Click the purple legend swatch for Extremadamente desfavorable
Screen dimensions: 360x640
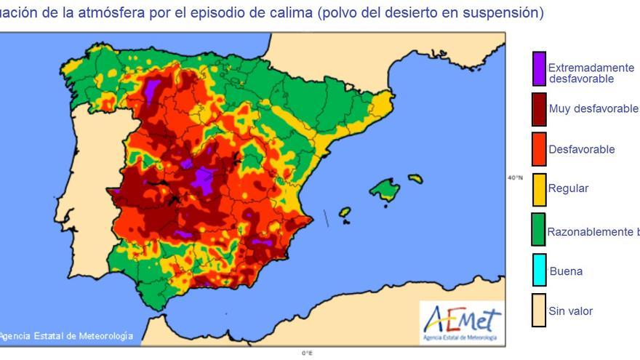click(x=539, y=68)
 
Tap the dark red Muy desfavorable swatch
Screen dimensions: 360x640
click(x=539, y=109)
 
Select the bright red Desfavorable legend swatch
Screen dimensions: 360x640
click(x=539, y=149)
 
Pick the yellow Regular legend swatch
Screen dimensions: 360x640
click(x=539, y=189)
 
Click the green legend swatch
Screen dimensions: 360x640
click(x=539, y=229)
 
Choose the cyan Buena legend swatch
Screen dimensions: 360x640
click(x=539, y=271)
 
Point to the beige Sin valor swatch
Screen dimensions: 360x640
click(x=539, y=311)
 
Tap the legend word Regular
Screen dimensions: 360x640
click(x=568, y=188)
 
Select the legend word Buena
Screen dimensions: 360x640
click(x=566, y=271)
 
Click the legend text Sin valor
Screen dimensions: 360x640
click(x=570, y=311)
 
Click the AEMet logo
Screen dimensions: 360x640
click(x=462, y=322)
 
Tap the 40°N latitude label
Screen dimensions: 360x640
click(x=515, y=177)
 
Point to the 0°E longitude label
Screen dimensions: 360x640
click(x=308, y=353)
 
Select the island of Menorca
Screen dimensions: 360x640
click(x=415, y=177)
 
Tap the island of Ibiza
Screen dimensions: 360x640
click(x=345, y=212)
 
